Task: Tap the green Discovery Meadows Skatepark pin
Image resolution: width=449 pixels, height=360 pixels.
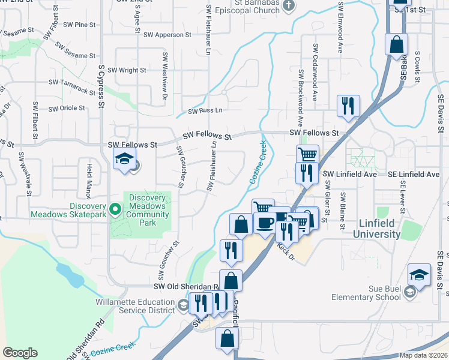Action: pyautogui.click(x=115, y=209)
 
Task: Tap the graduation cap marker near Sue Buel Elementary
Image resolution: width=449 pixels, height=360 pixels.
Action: pyautogui.click(x=419, y=276)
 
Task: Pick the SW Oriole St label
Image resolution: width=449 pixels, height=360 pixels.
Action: pyautogui.click(x=67, y=108)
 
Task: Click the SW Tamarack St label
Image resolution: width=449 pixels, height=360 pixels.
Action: pyautogui.click(x=73, y=86)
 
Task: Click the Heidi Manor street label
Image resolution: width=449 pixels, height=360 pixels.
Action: pyautogui.click(x=88, y=181)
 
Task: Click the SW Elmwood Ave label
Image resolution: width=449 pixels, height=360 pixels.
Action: pyautogui.click(x=341, y=27)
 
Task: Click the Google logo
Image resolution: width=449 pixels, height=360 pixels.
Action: pyautogui.click(x=20, y=353)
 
